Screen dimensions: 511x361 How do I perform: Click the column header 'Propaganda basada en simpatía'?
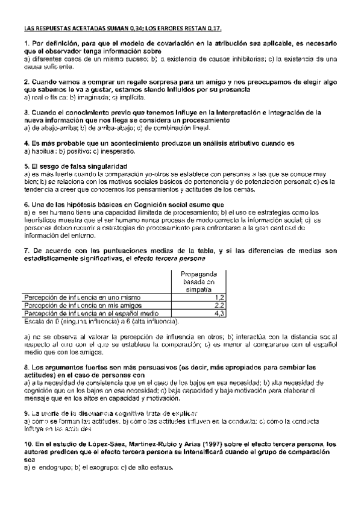(x=198, y=280)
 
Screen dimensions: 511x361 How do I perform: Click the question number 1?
(x=27, y=44)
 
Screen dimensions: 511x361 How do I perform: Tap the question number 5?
(x=27, y=165)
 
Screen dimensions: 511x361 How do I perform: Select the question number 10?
(x=28, y=444)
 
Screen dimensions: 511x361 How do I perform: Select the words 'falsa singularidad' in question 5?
(x=101, y=165)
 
